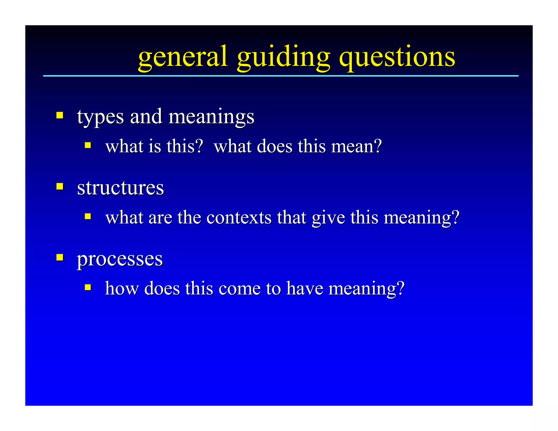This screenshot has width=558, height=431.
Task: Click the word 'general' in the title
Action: coord(183,57)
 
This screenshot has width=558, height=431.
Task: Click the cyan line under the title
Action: coord(281,76)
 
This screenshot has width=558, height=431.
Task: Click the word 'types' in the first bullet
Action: coord(100,117)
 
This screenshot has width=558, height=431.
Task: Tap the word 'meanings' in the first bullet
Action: coord(211,117)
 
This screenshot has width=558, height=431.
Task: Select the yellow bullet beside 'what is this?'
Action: coord(88,145)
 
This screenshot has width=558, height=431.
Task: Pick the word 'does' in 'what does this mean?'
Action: coord(275,146)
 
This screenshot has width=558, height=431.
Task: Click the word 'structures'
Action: coord(120,188)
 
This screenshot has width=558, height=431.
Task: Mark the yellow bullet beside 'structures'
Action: coord(60,186)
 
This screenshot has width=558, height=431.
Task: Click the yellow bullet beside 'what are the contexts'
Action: coord(88,216)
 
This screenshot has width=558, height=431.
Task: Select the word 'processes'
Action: coord(120,259)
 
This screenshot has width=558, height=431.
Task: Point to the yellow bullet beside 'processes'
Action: coord(60,257)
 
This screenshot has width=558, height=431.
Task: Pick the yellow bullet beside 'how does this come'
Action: coord(88,287)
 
